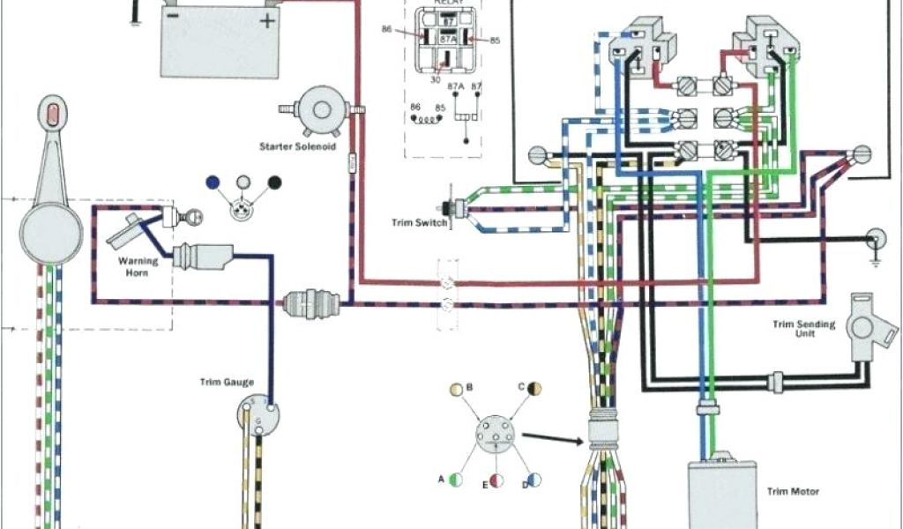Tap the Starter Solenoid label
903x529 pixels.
pyautogui.click(x=297, y=145)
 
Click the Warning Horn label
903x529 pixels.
pyautogui.click(x=138, y=266)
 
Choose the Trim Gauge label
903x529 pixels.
pyautogui.click(x=227, y=382)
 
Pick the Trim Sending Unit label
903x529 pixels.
pyautogui.click(x=803, y=330)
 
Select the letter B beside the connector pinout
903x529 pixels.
pyautogui.click(x=469, y=387)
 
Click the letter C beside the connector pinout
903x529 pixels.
pyautogui.click(x=521, y=387)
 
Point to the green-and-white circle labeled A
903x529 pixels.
pyautogui.click(x=456, y=480)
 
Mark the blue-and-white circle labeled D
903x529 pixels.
pyautogui.click(x=534, y=480)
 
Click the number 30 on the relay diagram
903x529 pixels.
pyautogui.click(x=434, y=79)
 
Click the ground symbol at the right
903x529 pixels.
pyautogui.click(x=876, y=241)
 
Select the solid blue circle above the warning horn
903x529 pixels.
pyautogui.click(x=212, y=183)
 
